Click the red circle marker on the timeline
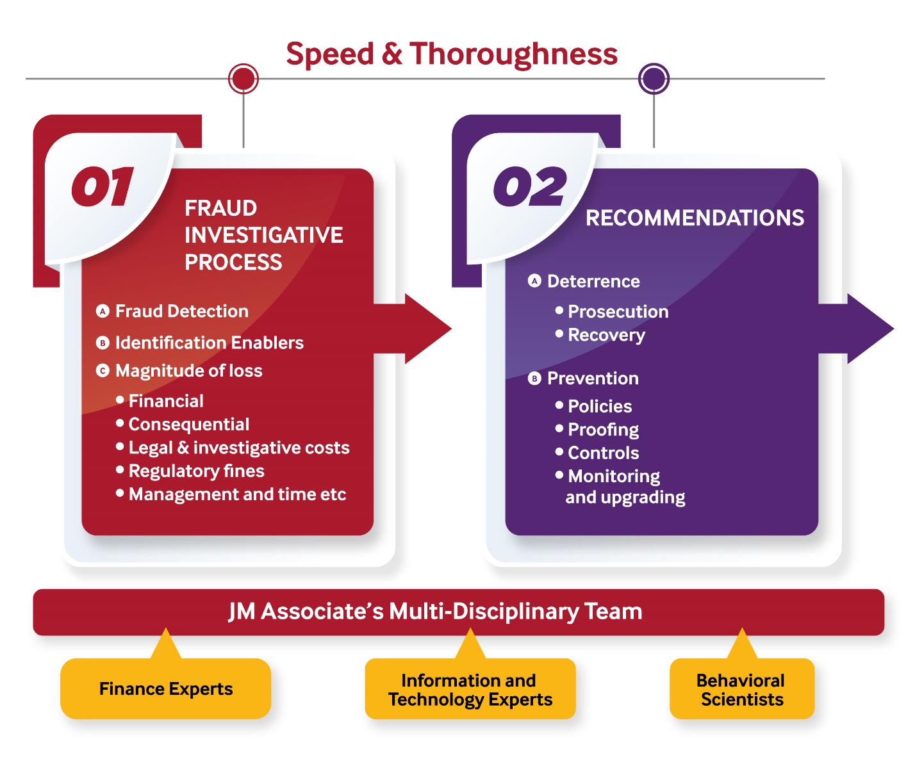coord(243,79)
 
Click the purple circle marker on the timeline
coord(654,79)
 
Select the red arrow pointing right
coord(412,329)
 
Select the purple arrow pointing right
coord(855,329)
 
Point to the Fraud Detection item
coord(181,311)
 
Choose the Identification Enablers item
coord(209,343)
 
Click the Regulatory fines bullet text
coord(196,471)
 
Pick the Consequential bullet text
coord(189,424)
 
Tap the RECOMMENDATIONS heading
coord(695,218)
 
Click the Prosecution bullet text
coord(618,311)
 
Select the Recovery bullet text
coord(607,335)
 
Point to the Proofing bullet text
coord(603,430)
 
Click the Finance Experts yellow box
coord(166,688)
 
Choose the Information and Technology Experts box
coord(470,688)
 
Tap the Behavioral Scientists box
coord(742,688)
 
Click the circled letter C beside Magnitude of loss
coord(103,371)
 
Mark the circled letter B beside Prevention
coord(534,378)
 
